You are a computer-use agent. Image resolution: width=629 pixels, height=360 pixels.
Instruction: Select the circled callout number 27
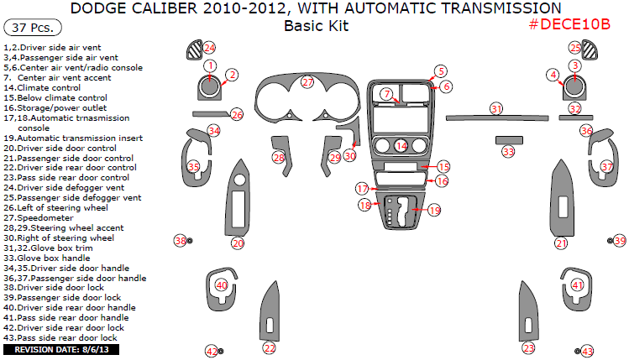[x=308, y=82]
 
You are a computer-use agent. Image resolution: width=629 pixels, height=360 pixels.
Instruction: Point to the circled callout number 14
[x=401, y=146]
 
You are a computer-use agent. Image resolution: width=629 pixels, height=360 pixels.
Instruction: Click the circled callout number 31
[x=496, y=109]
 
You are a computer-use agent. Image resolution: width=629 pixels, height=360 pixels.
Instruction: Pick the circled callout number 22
[x=269, y=347]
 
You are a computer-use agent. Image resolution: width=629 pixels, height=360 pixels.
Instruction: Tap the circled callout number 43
[x=587, y=351]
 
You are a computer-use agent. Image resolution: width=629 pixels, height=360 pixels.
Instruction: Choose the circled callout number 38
[x=180, y=241]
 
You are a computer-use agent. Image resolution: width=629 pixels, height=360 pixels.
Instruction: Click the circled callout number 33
[x=508, y=152]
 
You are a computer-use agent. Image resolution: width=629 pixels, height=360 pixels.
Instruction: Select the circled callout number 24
[x=209, y=48]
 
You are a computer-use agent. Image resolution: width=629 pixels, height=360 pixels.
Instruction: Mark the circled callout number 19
[x=434, y=211]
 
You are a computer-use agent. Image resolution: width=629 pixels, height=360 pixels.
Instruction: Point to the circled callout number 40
[x=222, y=285]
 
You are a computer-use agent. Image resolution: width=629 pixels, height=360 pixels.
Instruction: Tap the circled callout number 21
[x=561, y=243]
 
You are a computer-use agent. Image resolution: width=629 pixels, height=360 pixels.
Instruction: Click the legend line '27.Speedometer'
[x=34, y=217]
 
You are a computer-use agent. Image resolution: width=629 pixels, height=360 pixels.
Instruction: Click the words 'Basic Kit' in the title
[x=316, y=25]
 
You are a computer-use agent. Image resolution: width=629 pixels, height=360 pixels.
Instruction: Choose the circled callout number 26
[x=237, y=115]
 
